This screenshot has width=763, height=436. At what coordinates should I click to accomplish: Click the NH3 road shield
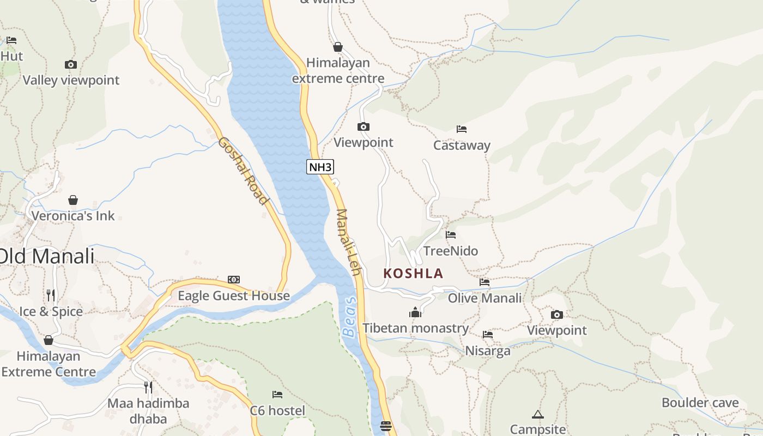click(320, 167)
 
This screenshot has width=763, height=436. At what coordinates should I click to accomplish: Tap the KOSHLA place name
click(413, 273)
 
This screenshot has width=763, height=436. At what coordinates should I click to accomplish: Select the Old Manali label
click(47, 256)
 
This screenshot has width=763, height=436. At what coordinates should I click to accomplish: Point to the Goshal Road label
click(244, 171)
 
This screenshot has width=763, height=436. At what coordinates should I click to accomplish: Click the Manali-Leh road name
click(349, 242)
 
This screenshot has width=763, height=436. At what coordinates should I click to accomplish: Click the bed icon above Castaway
click(462, 129)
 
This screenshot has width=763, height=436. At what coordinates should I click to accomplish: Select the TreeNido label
click(451, 251)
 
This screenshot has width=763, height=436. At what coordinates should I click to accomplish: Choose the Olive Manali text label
click(485, 298)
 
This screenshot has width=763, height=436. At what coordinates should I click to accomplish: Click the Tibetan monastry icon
click(415, 312)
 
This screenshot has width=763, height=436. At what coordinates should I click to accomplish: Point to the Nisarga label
click(488, 350)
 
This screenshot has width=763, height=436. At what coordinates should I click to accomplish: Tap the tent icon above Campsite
click(538, 414)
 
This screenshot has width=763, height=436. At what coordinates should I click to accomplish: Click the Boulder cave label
click(700, 403)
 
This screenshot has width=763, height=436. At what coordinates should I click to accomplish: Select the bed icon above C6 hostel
click(277, 394)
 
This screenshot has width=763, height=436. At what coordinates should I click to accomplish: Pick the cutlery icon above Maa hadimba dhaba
click(148, 387)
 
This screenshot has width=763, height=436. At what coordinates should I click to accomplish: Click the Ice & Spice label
click(51, 311)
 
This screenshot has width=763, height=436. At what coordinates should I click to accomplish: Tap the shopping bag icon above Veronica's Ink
click(73, 200)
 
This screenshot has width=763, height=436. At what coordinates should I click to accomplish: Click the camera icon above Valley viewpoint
click(70, 64)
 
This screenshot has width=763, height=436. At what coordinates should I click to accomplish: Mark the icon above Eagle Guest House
click(234, 280)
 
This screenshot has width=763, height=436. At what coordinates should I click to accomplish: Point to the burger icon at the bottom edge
click(386, 426)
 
